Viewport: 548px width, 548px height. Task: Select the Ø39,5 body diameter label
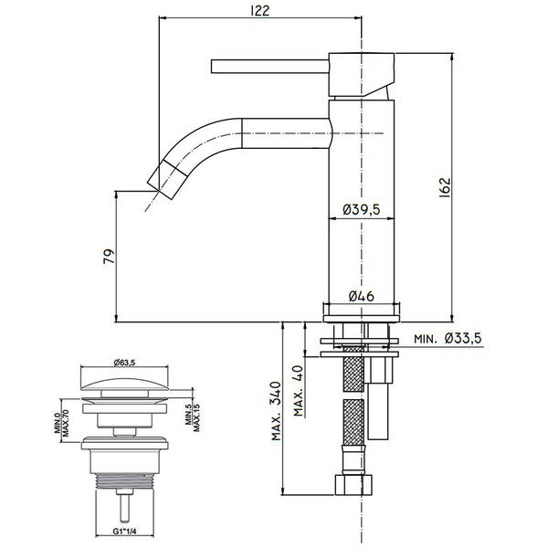coord(363,209)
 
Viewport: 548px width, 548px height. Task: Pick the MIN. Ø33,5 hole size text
coord(448,339)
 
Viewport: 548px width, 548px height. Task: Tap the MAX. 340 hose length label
coord(277,412)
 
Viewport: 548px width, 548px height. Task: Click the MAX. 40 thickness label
coord(298,392)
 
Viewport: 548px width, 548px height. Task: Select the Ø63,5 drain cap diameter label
coord(124,362)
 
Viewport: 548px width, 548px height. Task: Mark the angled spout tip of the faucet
coord(163,179)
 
